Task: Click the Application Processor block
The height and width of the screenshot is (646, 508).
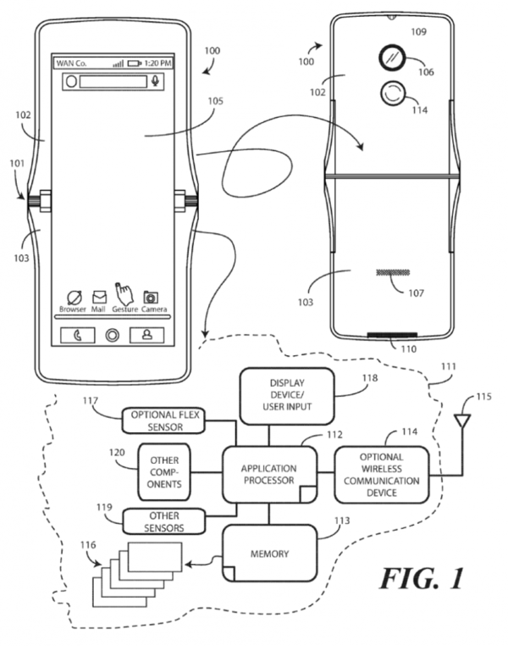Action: point(269,475)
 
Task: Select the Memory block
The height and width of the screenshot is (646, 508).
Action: point(269,553)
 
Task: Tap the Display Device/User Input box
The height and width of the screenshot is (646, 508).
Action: point(287,396)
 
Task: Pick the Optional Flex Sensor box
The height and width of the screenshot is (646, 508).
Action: point(163,420)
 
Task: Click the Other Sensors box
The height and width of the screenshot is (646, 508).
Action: point(163,521)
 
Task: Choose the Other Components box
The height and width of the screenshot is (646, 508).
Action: point(164,472)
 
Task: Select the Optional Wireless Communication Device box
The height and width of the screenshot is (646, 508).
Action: point(381,475)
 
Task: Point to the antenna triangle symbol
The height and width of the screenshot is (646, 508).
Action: point(462,421)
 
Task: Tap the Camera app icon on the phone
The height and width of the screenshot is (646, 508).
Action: point(151,297)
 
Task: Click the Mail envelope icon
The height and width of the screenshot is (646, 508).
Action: point(99,297)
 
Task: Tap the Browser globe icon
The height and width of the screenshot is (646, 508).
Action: point(75,298)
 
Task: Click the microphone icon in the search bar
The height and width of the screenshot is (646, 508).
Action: point(155,81)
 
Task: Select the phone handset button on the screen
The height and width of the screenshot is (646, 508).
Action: point(78,336)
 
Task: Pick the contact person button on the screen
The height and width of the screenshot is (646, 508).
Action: point(146,336)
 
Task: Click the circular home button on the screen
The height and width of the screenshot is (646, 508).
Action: point(113,336)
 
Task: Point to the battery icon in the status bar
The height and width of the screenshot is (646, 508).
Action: point(135,64)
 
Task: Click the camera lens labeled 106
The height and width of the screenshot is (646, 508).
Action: point(392,58)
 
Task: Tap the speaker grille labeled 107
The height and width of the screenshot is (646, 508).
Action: point(393,273)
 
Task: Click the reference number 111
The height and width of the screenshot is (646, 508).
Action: point(449,366)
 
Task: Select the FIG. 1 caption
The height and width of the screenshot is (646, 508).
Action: point(422,578)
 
